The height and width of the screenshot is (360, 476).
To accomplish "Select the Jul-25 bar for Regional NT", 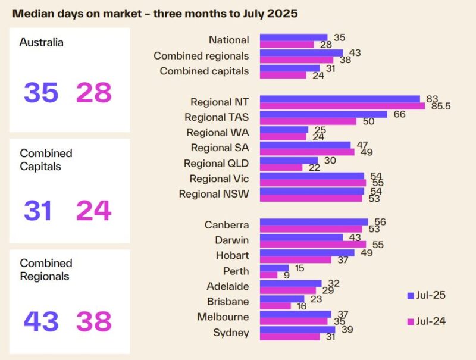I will (x=340, y=99).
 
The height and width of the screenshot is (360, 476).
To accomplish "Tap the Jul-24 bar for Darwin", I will (x=313, y=244).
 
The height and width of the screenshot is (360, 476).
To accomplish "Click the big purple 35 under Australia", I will (x=41, y=93).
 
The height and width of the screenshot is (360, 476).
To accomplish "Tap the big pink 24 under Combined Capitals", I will (x=93, y=211).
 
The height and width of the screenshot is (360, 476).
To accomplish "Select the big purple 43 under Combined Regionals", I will (x=41, y=321).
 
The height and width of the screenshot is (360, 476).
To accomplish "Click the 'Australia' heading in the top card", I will (x=42, y=43).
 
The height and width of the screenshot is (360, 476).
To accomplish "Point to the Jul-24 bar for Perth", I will (x=269, y=275).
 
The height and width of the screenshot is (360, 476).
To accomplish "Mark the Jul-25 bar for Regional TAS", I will (x=324, y=114).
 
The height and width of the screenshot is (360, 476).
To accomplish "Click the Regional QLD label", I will (x=216, y=164).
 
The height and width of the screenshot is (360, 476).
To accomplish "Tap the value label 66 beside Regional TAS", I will (x=399, y=114).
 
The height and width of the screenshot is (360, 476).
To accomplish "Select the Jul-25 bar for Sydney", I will (x=297, y=330).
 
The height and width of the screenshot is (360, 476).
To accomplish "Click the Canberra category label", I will (x=227, y=225).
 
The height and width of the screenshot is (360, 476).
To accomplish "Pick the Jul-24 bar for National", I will (x=287, y=44).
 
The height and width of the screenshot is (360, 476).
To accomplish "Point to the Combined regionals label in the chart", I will (x=201, y=56).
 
